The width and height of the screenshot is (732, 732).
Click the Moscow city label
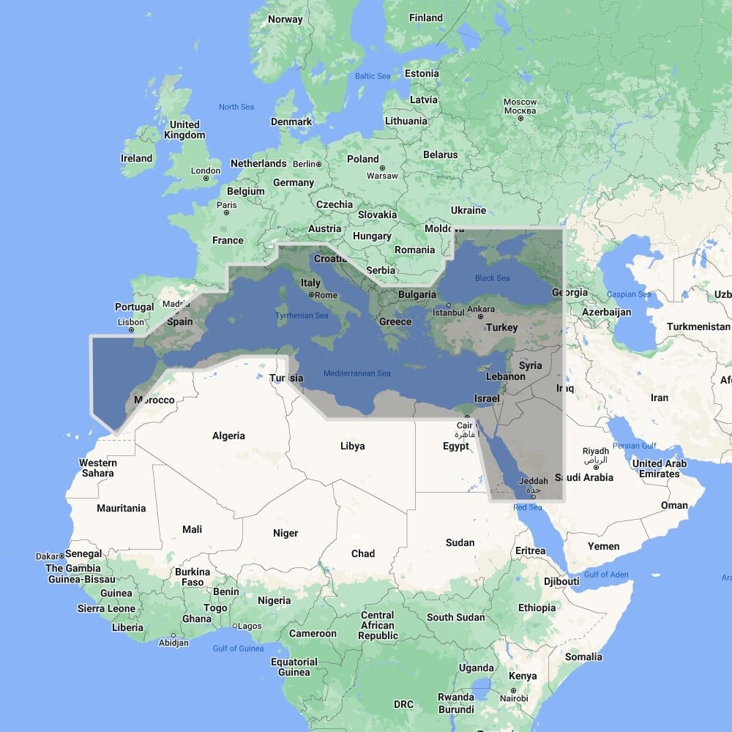[520, 102]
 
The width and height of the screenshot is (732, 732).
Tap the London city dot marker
[206, 178]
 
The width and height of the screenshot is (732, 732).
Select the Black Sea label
[493, 278]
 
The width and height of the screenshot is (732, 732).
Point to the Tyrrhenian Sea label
[302, 315]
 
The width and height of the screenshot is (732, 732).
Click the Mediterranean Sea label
[357, 373]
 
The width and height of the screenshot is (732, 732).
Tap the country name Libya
[353, 446]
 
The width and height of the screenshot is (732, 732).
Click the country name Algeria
[228, 436]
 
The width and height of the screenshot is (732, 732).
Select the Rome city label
[326, 295]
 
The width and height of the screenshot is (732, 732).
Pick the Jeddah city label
[531, 481]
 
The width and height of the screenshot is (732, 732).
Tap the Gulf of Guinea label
[238, 649]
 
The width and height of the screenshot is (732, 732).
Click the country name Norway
[285, 19]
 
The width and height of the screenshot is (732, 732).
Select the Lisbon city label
[131, 322]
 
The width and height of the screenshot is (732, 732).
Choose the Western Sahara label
[97, 468]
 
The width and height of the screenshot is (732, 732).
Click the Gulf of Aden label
[606, 575]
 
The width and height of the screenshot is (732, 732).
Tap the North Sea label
[236, 107]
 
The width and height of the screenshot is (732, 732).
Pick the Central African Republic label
[378, 626]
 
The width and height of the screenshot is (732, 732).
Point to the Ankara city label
[481, 309]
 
